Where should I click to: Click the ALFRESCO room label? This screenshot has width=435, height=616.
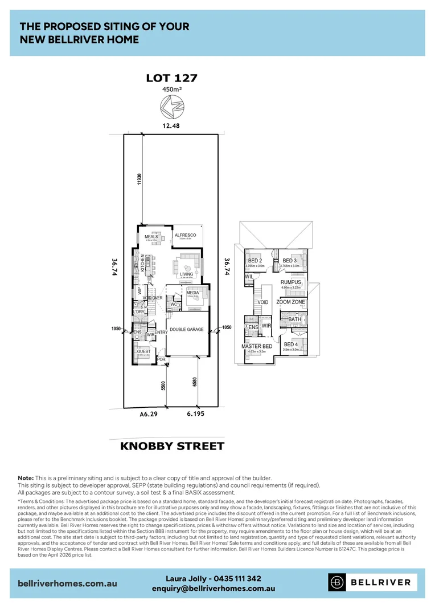(x=185, y=235)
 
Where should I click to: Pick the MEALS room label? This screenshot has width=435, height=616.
(x=151, y=236)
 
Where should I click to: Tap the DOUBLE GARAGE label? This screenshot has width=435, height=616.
(x=187, y=329)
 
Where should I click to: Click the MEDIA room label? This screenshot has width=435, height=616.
(x=192, y=293)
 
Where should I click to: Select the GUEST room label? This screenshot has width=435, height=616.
(x=143, y=351)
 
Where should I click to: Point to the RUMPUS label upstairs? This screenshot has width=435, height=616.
(x=290, y=282)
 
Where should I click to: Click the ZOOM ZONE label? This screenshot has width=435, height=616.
(x=290, y=302)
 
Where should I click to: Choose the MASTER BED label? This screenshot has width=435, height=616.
(x=257, y=346)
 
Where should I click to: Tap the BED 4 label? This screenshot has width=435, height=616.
(x=290, y=345)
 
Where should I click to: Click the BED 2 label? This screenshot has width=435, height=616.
(x=255, y=261)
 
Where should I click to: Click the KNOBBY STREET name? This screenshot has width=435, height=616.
(x=172, y=445)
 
